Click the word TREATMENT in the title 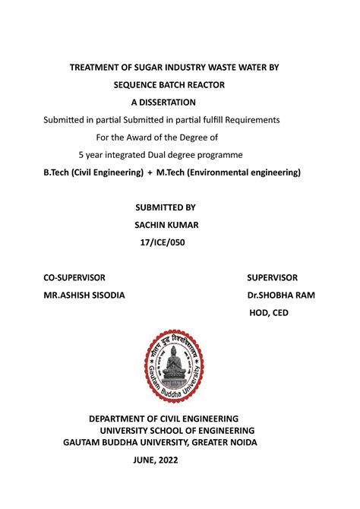[x=97, y=68]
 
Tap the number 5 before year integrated [x=81, y=155]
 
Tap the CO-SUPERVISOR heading [x=74, y=277]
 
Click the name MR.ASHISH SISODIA [x=84, y=295]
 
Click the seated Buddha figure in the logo [x=175, y=368]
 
